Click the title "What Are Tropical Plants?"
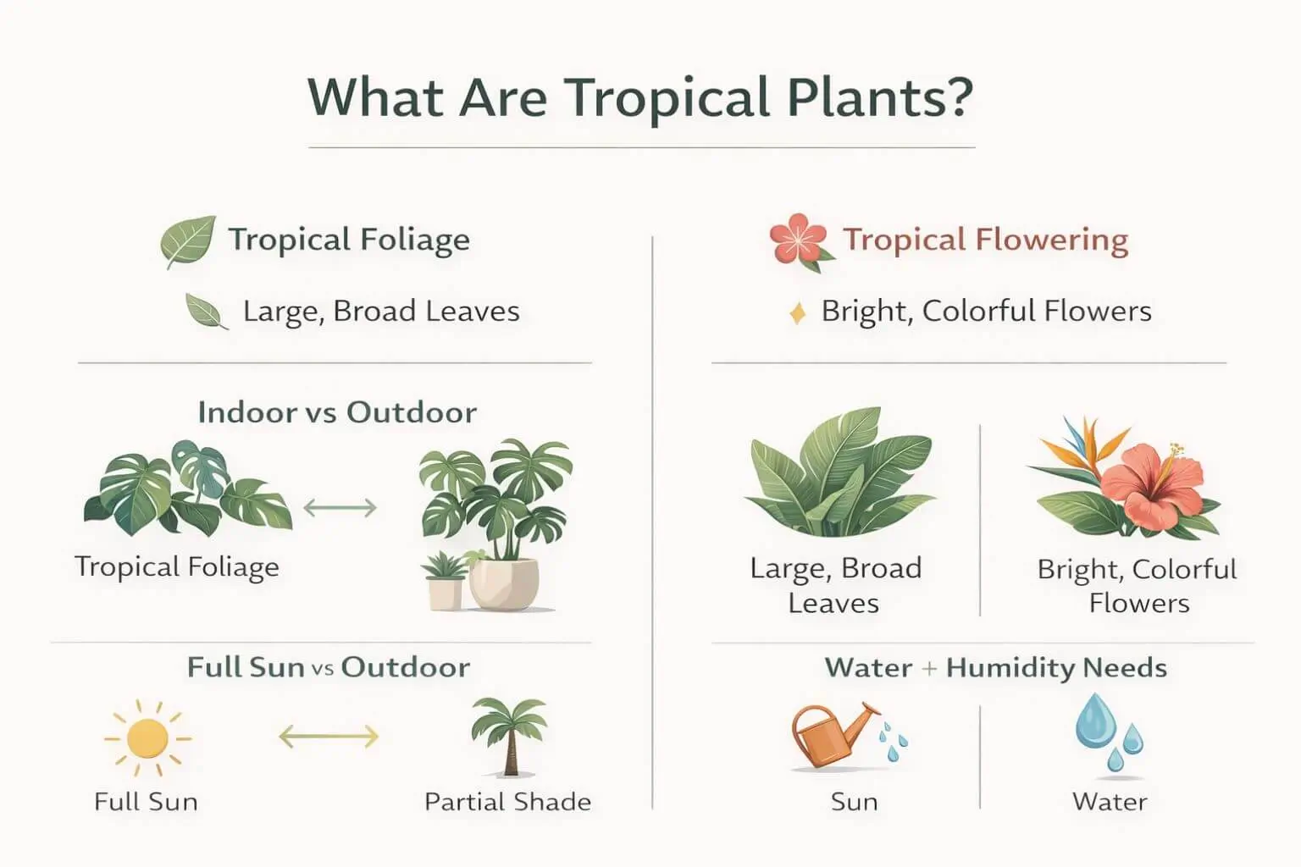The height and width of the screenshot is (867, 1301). click(640, 97)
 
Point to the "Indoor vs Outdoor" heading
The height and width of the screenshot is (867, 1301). click(337, 412)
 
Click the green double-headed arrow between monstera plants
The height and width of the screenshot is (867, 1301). click(340, 508)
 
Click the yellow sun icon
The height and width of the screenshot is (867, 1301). click(147, 738)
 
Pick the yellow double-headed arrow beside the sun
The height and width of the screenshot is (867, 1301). click(329, 737)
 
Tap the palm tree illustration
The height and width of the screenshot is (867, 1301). click(508, 735)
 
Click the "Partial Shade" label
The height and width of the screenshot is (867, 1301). click(507, 802)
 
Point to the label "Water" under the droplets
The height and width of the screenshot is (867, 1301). click(1110, 802)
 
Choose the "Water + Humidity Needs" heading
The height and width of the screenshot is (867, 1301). click(996, 668)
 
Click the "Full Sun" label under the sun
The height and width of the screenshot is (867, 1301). click(146, 802)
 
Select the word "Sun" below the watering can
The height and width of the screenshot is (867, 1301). click(854, 802)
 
